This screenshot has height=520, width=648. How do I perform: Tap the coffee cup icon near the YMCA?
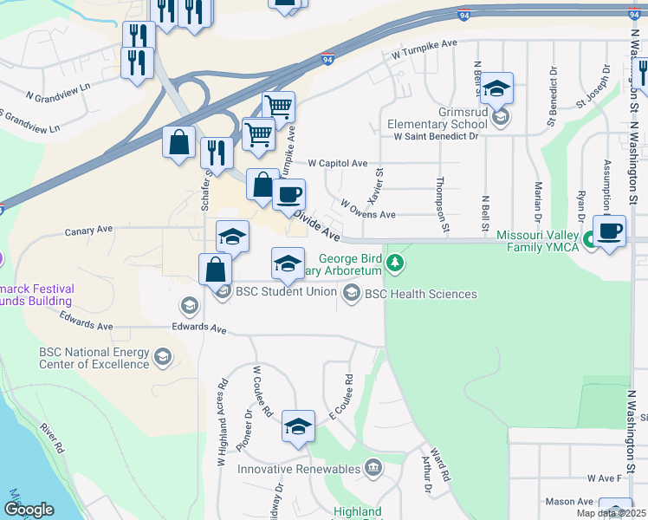(609, 231)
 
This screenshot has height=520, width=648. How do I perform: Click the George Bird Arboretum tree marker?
(395, 260)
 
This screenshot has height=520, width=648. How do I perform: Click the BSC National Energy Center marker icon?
(162, 356)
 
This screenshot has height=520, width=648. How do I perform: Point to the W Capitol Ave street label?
(338, 163)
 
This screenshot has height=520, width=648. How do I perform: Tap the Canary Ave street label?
(90, 231)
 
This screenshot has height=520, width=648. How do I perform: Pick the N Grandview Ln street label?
(58, 90)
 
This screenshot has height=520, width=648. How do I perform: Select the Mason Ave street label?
(569, 502)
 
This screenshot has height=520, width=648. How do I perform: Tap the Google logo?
(29, 510)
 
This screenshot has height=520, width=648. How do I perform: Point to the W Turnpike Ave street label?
(424, 49)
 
